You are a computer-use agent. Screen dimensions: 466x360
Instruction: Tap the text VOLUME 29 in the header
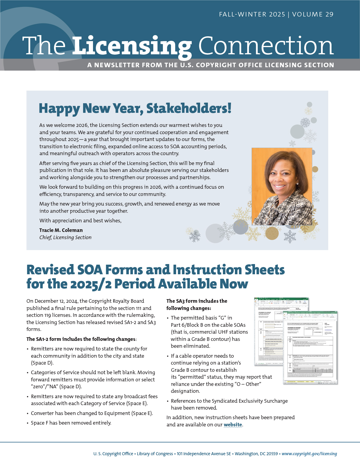[x=313, y=14]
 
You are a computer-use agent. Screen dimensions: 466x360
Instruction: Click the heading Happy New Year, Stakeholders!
[x=135, y=109]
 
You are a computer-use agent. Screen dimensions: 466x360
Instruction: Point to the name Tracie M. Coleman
[x=61, y=230]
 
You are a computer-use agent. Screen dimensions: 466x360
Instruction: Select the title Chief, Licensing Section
[x=65, y=237]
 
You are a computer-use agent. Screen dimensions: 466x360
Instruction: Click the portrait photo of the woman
[x=281, y=186]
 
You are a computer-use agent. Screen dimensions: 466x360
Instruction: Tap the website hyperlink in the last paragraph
[x=233, y=425]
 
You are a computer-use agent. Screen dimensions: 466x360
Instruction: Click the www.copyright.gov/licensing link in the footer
[x=309, y=454]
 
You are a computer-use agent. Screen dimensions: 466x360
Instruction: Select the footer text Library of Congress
[x=155, y=454]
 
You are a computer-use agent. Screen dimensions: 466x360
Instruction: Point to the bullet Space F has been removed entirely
[x=71, y=423]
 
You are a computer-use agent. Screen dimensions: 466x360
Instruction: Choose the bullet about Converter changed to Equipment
[x=92, y=413]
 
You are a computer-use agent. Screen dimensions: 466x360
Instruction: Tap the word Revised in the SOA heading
[x=50, y=270]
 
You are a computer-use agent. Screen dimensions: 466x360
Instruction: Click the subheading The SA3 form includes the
[x=197, y=301]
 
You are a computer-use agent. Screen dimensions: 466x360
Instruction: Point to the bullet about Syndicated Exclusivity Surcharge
[x=229, y=401]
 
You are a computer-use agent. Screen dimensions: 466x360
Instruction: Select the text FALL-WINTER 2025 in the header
[x=252, y=14]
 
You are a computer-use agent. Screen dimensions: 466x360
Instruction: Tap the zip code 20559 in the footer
[x=272, y=454]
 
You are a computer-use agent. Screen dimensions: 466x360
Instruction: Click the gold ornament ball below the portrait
[x=272, y=233]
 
